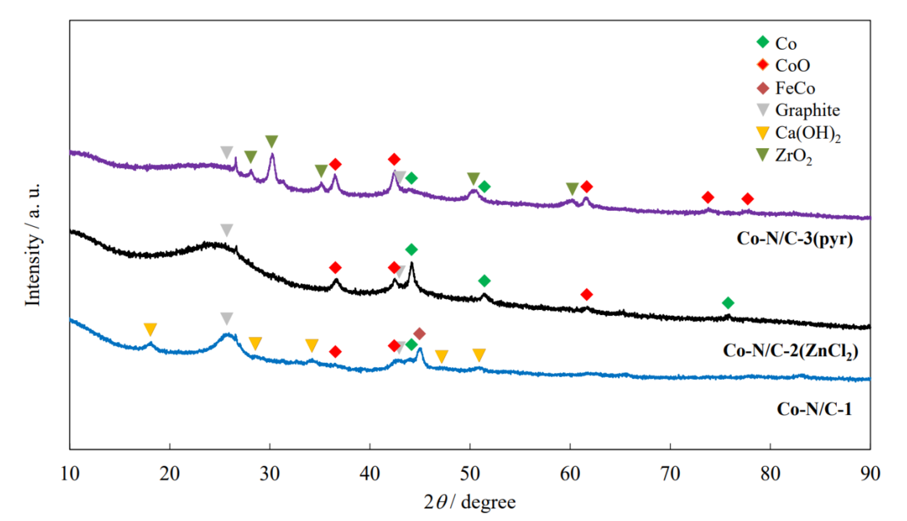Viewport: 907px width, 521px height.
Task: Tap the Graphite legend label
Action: (807, 110)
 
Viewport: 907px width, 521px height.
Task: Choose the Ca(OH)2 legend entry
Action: (807, 133)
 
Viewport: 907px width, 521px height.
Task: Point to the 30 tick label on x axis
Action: (269, 474)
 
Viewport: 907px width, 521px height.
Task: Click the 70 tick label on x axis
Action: (670, 474)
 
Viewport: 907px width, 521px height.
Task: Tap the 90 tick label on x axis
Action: (870, 474)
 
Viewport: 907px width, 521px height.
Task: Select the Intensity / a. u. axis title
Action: (33, 245)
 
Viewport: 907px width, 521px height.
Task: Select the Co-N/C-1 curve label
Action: (814, 409)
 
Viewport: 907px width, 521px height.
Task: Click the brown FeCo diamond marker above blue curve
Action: (419, 334)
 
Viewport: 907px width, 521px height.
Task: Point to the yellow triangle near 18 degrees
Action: (150, 329)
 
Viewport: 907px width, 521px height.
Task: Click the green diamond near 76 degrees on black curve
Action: (728, 303)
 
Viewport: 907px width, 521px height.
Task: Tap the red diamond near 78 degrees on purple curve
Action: (748, 199)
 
